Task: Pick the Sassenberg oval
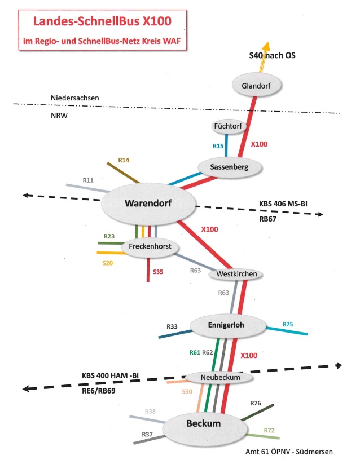tap(230, 166)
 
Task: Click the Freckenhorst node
tap(150, 247)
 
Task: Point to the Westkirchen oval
tap(236, 275)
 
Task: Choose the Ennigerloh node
tap(227, 324)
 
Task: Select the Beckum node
tap(201, 423)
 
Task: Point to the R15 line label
tap(218, 146)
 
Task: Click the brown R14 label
tap(124, 161)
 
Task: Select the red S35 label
tap(159, 272)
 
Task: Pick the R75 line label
tap(288, 324)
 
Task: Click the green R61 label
tap(195, 352)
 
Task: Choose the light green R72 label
tap(270, 431)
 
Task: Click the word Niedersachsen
tap(74, 98)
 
